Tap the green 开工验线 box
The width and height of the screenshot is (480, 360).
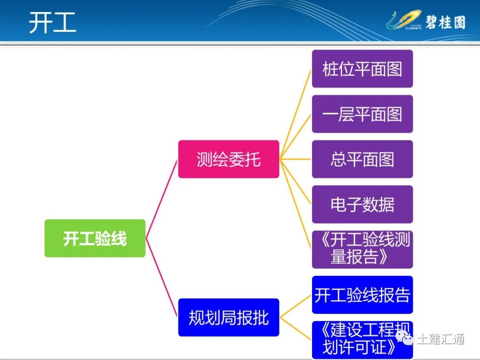(x=95, y=238)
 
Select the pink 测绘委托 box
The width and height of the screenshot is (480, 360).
(x=228, y=159)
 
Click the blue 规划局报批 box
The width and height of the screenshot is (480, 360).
(x=228, y=317)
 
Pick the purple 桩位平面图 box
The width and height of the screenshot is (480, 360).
(x=362, y=69)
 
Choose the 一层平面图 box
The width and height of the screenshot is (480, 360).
(x=362, y=114)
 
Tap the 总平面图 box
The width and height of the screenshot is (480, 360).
(x=362, y=159)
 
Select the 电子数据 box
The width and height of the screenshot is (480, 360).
(x=362, y=204)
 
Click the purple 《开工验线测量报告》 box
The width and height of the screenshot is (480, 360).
(x=362, y=249)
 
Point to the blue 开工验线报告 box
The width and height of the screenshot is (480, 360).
(x=362, y=295)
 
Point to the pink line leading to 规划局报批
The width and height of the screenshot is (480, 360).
(x=162, y=278)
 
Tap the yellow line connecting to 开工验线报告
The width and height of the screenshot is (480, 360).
(x=296, y=306)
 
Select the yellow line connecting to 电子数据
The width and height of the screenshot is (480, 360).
(x=296, y=181)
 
